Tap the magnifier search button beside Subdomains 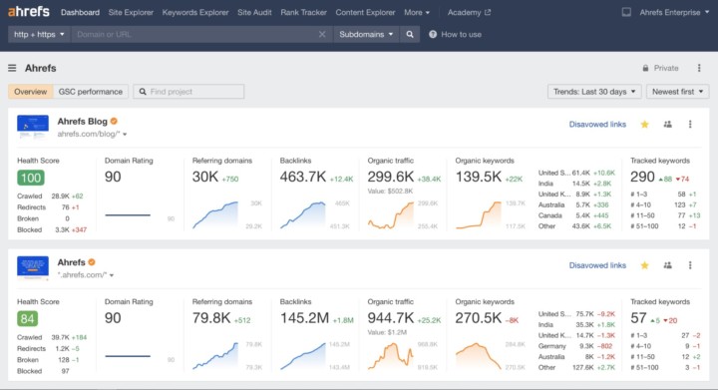point(410,34)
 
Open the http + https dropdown point(39,34)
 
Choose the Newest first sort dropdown point(677,92)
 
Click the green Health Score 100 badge point(30,178)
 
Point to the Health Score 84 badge point(30,318)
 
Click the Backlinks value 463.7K point(302,177)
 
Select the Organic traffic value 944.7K point(392,318)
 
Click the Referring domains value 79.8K point(211,318)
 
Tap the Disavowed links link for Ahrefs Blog point(597,125)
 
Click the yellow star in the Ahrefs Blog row point(644,125)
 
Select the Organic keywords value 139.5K point(478,177)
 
